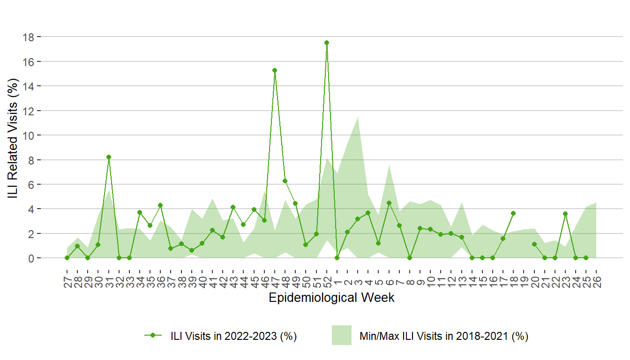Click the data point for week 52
327,43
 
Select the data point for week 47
275,70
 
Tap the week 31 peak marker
109,157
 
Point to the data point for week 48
285,181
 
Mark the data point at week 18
513,213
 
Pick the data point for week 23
565,214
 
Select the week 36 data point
160,205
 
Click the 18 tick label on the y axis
29,37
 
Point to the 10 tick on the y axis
29,135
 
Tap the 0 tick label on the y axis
31,258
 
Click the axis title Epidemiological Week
331,298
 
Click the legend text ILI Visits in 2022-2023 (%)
234,336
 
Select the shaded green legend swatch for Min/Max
341,336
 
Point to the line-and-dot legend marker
153,336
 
